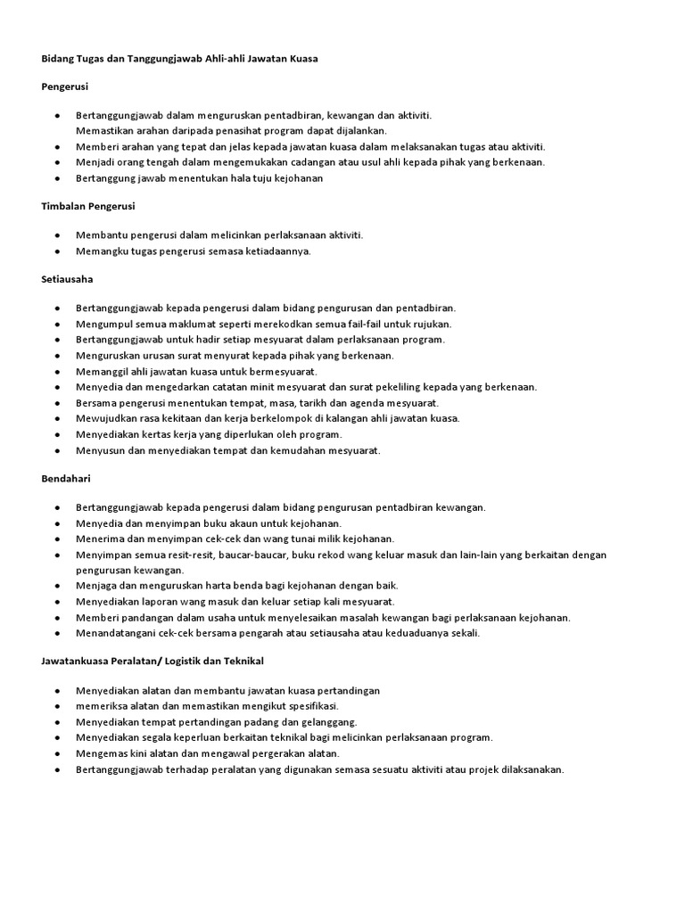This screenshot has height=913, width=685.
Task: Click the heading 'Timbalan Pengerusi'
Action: click(88, 206)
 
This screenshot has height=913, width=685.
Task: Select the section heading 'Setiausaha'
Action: click(68, 279)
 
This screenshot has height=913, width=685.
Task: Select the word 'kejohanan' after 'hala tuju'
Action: click(293, 178)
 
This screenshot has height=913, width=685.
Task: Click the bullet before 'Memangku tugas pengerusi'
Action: click(56, 251)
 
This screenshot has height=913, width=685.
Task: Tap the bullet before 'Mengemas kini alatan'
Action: click(56, 754)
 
